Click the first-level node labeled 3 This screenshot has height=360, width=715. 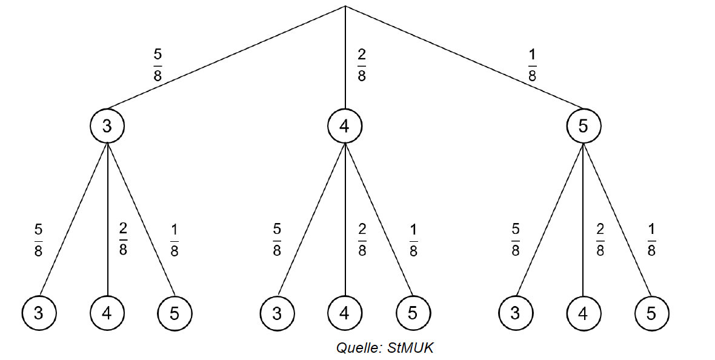pyautogui.click(x=107, y=126)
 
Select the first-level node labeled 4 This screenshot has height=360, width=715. pyautogui.click(x=345, y=126)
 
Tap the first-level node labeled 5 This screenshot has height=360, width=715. pyautogui.click(x=584, y=126)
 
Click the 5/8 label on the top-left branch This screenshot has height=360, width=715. pyautogui.click(x=158, y=65)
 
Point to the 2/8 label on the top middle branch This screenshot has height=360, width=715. pyautogui.click(x=362, y=65)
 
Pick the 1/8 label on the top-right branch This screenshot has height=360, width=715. pyautogui.click(x=532, y=65)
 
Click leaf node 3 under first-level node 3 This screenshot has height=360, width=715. pyautogui.click(x=39, y=313)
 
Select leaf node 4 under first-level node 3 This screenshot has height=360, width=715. pyautogui.click(x=107, y=313)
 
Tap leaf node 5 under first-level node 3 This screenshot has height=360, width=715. pyautogui.click(x=175, y=313)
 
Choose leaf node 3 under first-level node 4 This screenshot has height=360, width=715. pyautogui.click(x=277, y=313)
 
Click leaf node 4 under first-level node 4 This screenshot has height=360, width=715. pyautogui.click(x=345, y=313)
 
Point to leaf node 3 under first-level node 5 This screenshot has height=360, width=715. pyautogui.click(x=515, y=313)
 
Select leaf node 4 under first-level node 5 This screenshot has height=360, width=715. pyautogui.click(x=584, y=313)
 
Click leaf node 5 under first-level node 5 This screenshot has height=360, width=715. pyautogui.click(x=651, y=313)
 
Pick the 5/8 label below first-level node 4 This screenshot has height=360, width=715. pyautogui.click(x=277, y=241)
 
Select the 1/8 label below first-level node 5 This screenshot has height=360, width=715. pyautogui.click(x=651, y=241)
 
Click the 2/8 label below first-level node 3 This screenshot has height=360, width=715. pyautogui.click(x=123, y=241)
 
